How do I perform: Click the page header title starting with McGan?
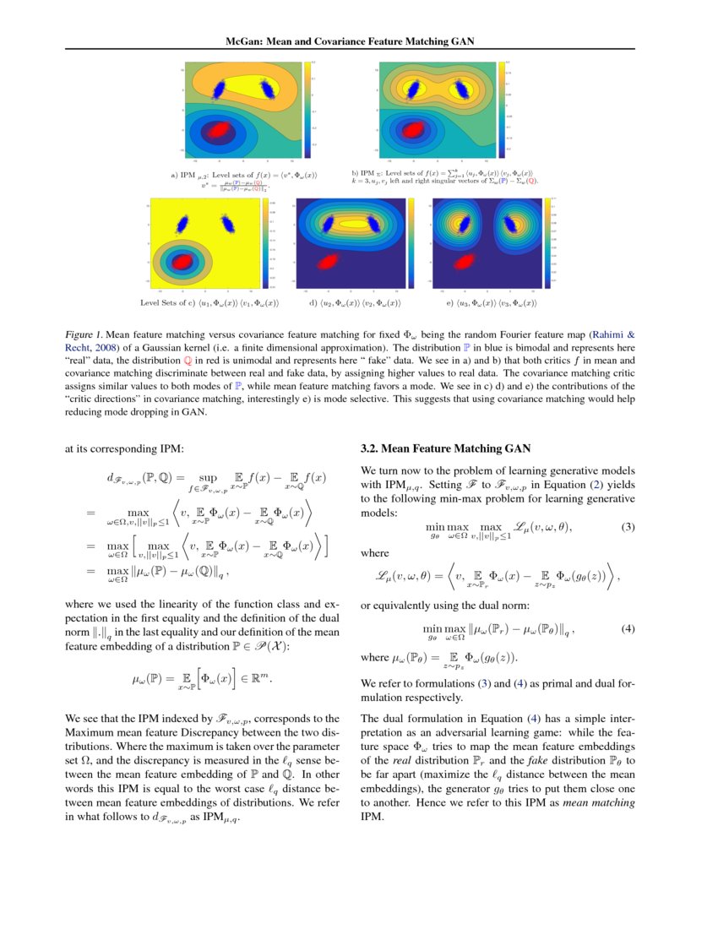tap(359, 41)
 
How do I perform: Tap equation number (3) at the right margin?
tap(628, 528)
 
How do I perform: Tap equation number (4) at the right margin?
tap(628, 629)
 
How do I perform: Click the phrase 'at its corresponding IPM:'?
tap(124, 449)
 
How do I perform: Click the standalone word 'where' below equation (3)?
tap(374, 553)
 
